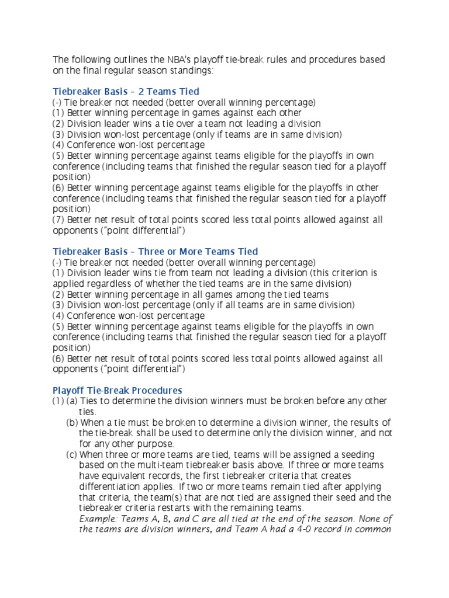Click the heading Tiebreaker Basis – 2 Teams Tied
tap(126, 91)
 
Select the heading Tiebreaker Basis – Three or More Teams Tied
tap(155, 252)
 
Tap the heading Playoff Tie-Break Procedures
tap(118, 390)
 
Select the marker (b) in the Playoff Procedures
tap(72, 422)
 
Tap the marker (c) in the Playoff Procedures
tap(72, 454)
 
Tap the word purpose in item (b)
tap(144, 444)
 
